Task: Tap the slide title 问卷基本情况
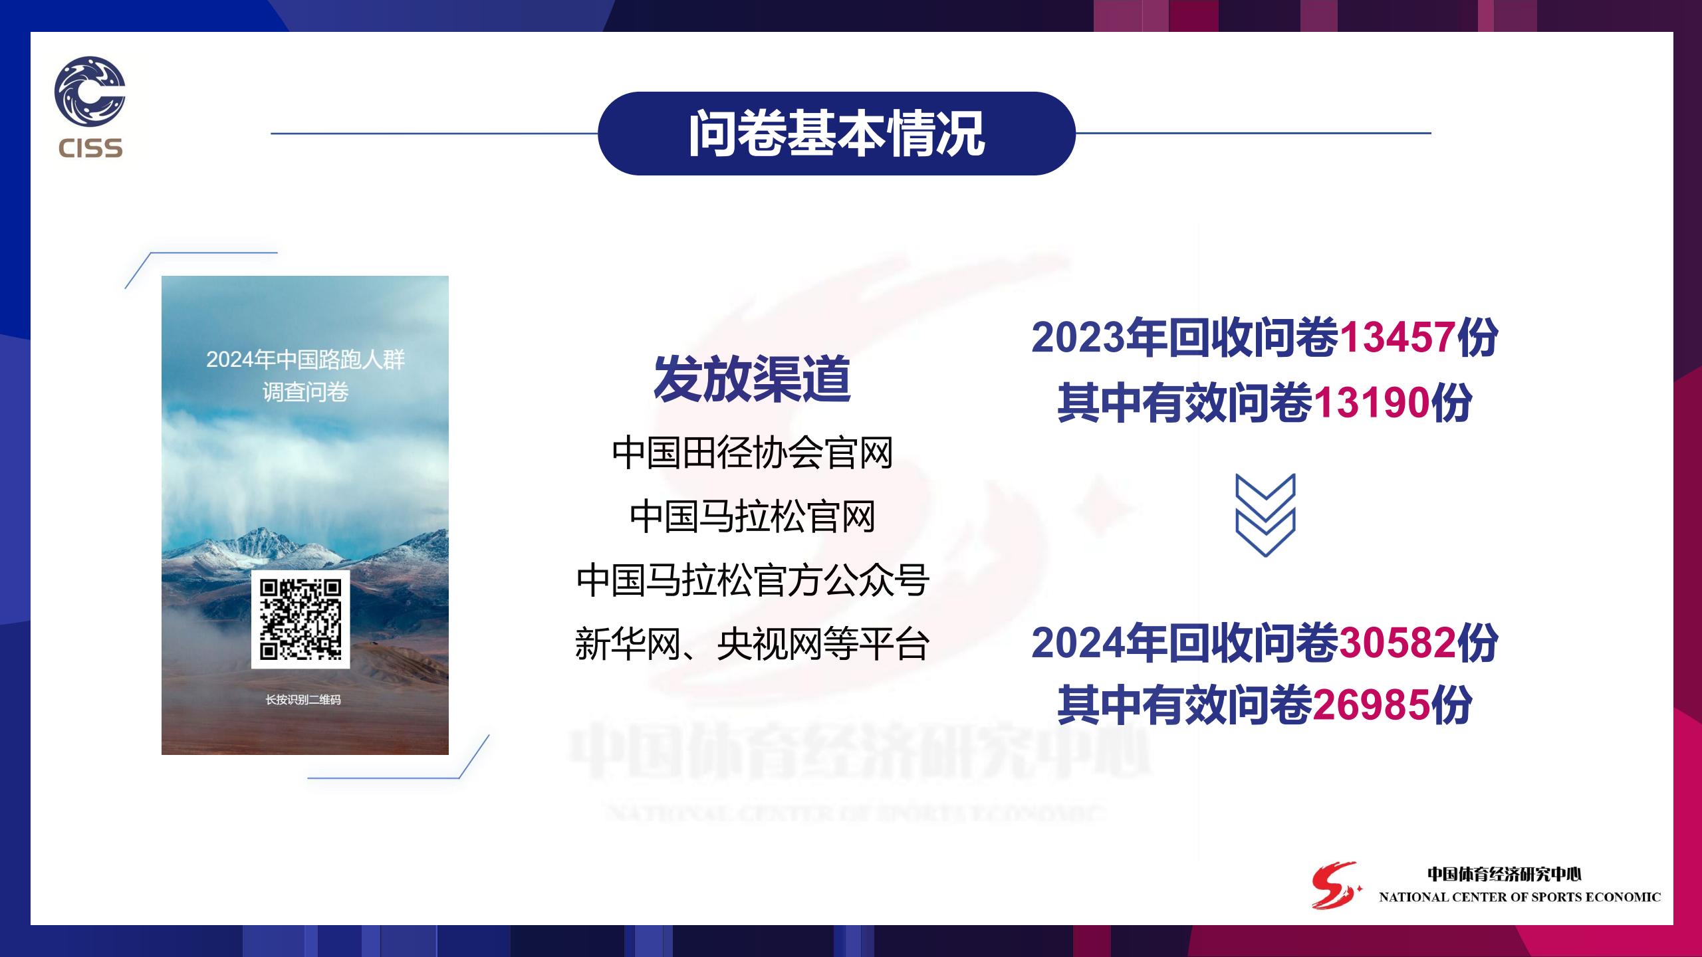(836, 134)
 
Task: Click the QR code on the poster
(301, 619)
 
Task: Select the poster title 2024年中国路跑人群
(305, 360)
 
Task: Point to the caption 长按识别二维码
(303, 700)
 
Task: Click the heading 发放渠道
(752, 379)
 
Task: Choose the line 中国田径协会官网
(752, 453)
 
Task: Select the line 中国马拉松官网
(752, 517)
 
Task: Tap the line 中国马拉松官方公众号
(752, 580)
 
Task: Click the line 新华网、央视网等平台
(752, 644)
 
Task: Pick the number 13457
(1397, 337)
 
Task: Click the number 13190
(1372, 403)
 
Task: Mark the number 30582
(1397, 643)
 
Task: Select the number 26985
(1372, 704)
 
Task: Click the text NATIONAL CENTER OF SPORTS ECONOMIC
(1520, 897)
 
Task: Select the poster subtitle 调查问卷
(305, 392)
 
